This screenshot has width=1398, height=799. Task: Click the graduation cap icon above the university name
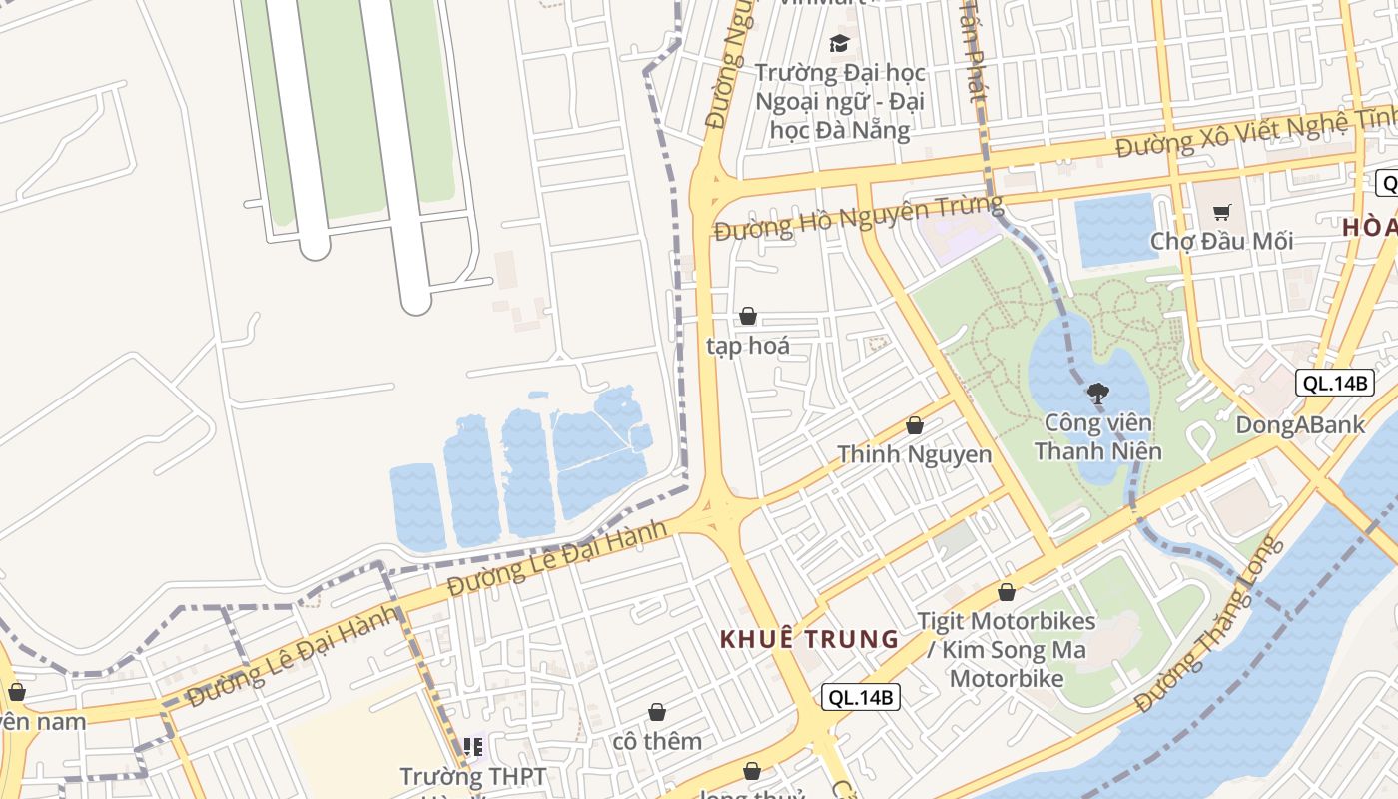(839, 43)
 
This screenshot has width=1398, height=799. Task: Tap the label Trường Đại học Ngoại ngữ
(840, 101)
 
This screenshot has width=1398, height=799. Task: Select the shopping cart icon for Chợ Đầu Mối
(1221, 211)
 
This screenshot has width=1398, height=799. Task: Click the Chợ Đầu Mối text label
(1221, 241)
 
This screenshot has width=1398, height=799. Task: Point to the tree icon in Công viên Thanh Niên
(1097, 394)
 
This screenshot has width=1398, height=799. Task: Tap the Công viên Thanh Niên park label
(1097, 437)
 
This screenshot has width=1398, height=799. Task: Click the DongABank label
(1300, 424)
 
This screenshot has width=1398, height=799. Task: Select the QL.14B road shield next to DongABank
(1334, 382)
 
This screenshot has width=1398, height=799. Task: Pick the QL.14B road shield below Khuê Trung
(861, 697)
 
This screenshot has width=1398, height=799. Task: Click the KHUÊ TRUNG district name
(810, 639)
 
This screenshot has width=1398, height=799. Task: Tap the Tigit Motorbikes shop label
(1007, 650)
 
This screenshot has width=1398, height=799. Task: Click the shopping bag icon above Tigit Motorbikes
(1007, 592)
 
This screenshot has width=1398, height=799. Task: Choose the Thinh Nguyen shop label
(914, 455)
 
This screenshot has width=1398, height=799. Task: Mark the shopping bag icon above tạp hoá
(747, 317)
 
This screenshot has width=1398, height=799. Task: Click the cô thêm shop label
(657, 741)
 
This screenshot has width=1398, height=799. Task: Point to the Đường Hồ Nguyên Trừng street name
(858, 217)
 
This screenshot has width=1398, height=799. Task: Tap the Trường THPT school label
(473, 777)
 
